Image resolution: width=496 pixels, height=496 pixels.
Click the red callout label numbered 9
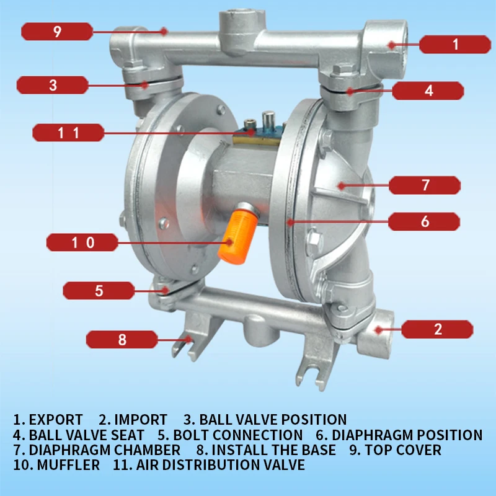point(57,31)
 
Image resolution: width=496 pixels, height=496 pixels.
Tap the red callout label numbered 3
point(53,85)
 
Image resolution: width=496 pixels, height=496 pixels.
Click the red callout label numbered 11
point(68,132)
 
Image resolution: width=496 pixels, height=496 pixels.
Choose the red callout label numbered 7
point(425,185)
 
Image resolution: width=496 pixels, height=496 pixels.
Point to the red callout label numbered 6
point(425,221)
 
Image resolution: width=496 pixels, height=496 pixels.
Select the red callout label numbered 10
point(82,242)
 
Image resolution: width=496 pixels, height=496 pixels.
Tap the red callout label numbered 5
point(99,290)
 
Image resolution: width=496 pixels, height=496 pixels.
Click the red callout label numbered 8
point(122,339)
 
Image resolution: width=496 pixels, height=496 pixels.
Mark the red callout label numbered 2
point(438,329)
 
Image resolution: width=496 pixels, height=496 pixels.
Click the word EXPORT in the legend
point(56,420)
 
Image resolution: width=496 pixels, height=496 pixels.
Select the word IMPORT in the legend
point(141,420)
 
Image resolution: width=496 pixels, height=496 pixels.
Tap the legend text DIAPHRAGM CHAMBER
point(105,449)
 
